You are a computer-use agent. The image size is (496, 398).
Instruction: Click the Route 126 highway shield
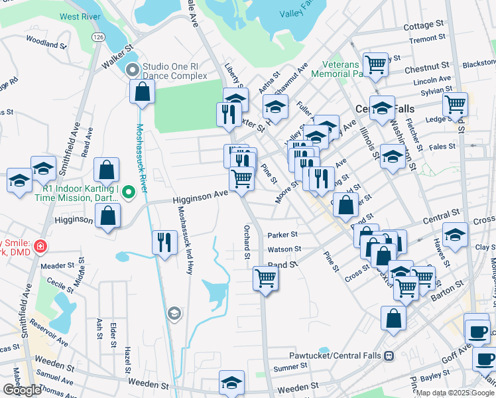pos(98,36)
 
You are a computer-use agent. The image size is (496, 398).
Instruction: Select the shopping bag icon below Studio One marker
pos(143,92)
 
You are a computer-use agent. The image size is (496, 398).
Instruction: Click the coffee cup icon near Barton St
pos(476,330)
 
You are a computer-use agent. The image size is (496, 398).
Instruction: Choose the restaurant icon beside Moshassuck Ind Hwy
pos(164,242)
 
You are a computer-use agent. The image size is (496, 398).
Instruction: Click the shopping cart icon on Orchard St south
pos(265,279)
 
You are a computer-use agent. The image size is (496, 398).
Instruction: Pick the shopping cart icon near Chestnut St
pos(376,65)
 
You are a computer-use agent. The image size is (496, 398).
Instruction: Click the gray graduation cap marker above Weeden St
pos(174,313)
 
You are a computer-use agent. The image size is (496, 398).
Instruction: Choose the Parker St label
pos(282,235)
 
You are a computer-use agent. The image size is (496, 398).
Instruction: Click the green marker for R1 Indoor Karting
pos(130,192)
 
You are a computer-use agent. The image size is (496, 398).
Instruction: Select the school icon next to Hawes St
pos(455,235)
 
